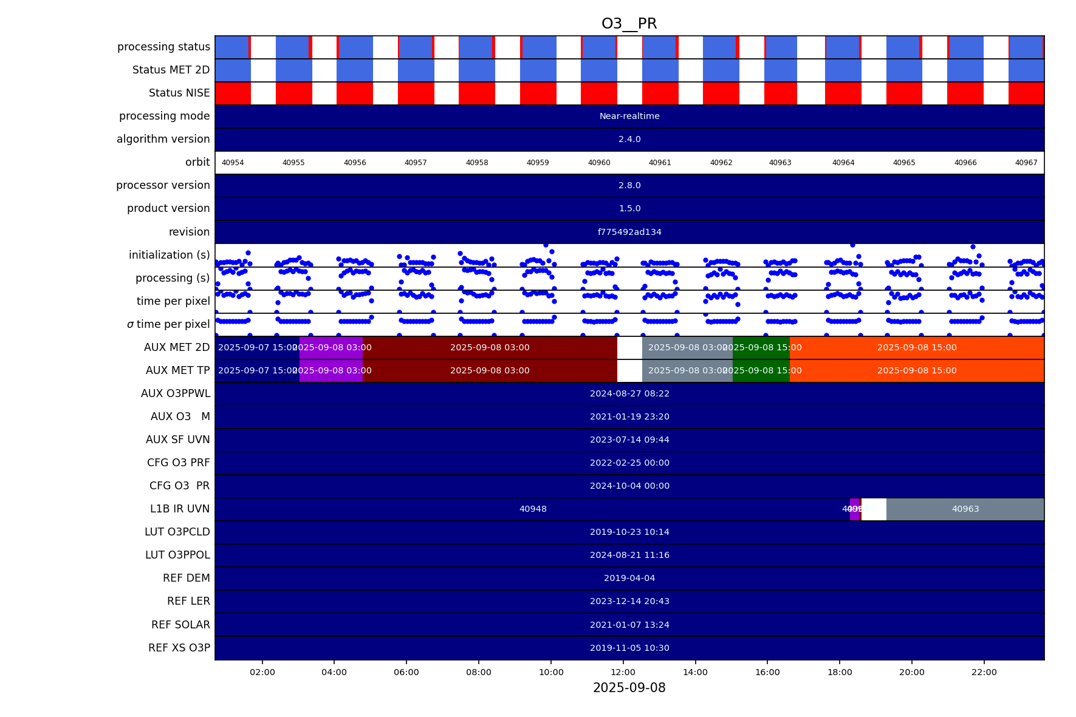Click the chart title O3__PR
coord(629,24)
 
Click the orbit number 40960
coord(598,163)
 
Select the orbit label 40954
coord(233,163)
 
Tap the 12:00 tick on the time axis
coord(623,672)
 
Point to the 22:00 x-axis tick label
coord(984,672)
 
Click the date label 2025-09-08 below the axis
coord(629,688)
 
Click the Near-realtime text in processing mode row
coord(629,116)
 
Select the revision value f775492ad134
coord(629,232)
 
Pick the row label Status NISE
coord(179,93)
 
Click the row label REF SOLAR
coord(180,625)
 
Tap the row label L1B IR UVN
coord(180,509)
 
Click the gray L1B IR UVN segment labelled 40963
coord(965,509)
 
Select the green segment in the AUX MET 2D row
coord(761,347)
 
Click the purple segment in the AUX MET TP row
coord(331,370)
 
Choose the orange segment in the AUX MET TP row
coord(916,370)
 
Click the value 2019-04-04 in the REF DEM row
coord(629,578)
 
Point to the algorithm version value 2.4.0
coord(629,139)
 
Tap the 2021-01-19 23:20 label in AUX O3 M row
coord(629,416)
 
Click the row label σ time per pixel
coord(168,324)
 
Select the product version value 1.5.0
coord(629,208)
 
